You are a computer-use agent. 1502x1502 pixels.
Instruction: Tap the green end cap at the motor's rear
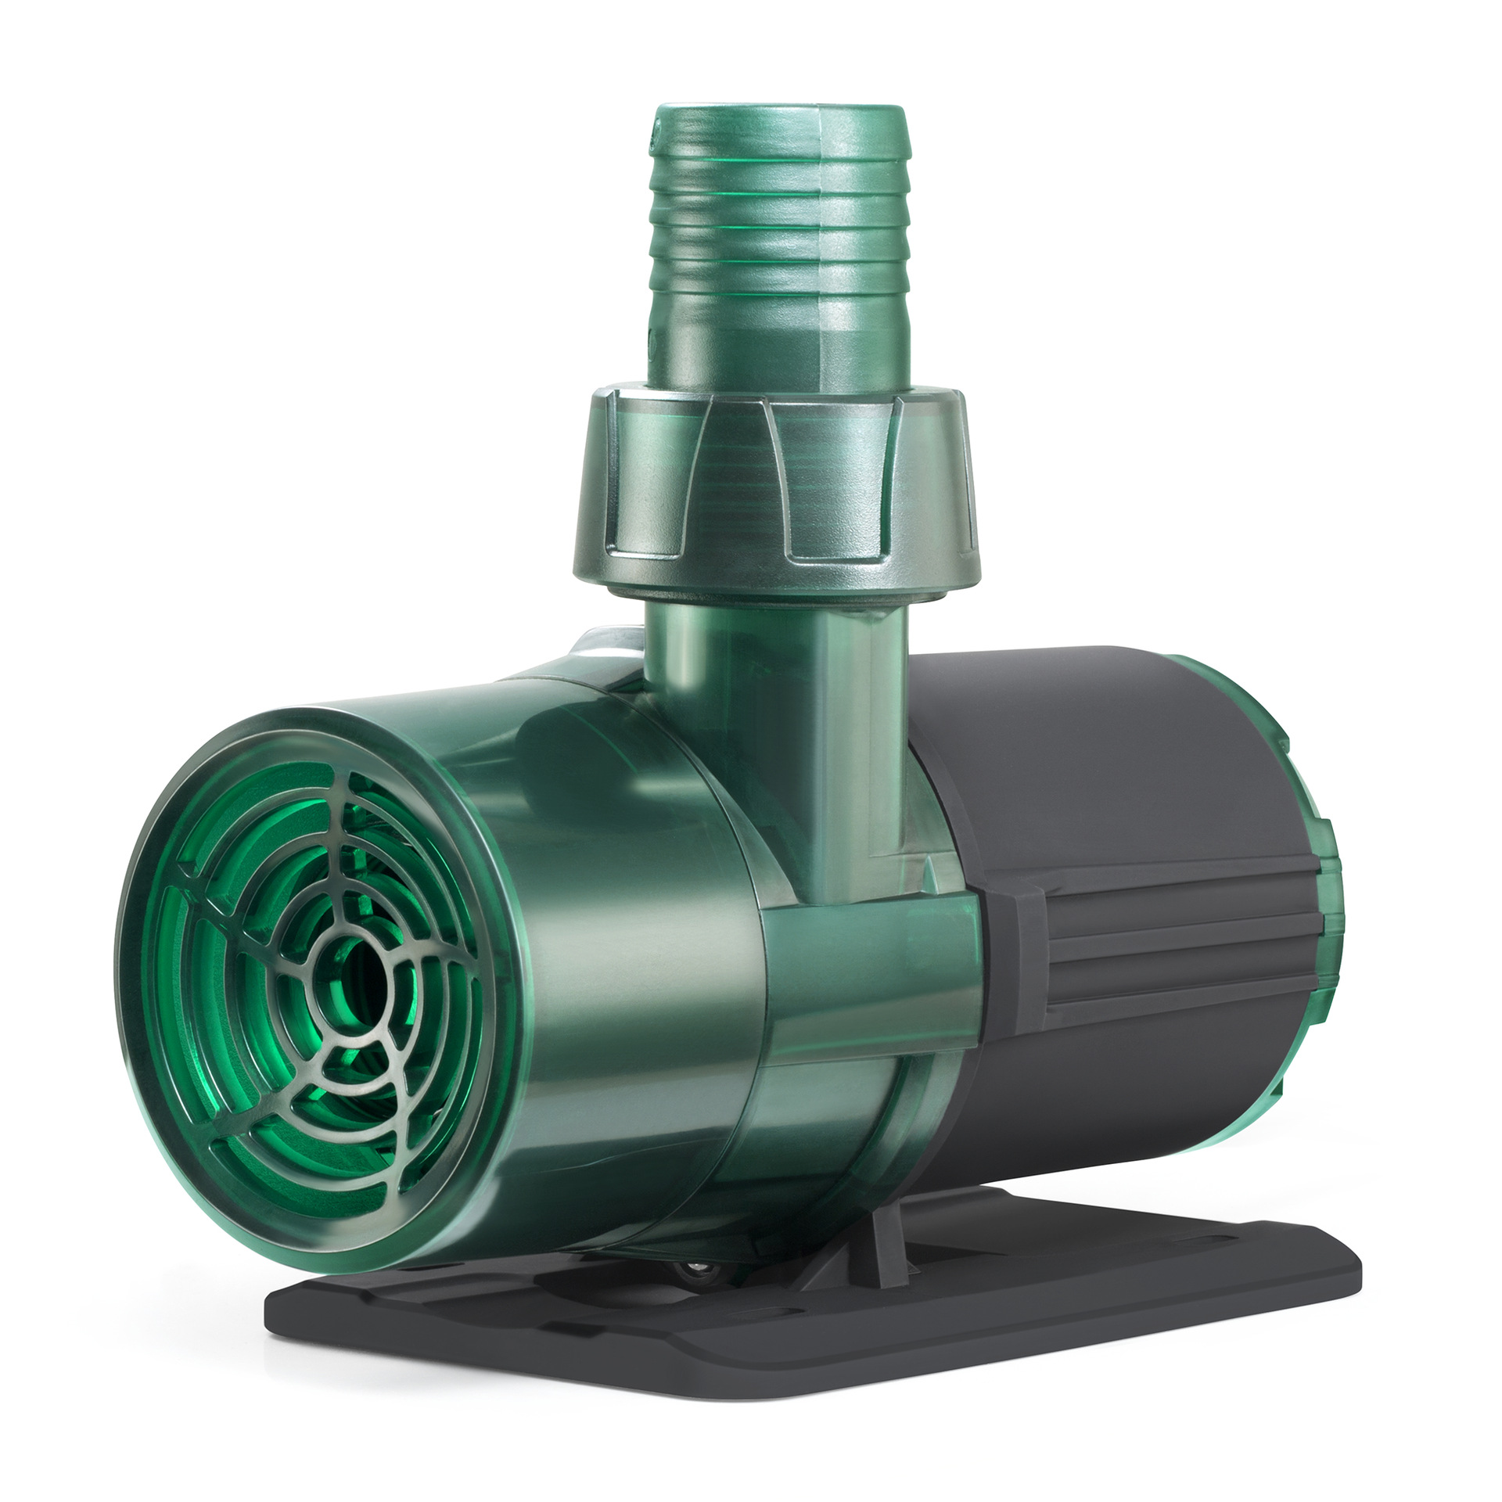1322,900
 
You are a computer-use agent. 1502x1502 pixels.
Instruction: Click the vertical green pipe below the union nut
774,704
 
